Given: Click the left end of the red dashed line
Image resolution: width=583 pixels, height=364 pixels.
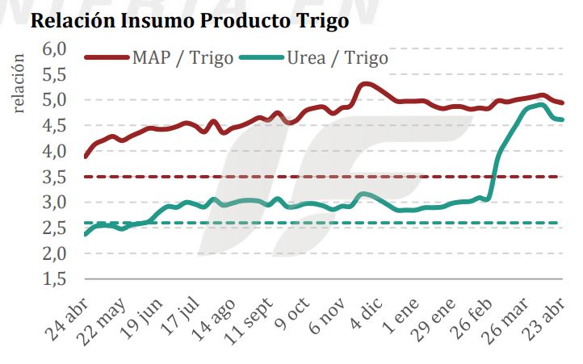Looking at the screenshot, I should (x=86, y=176).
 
